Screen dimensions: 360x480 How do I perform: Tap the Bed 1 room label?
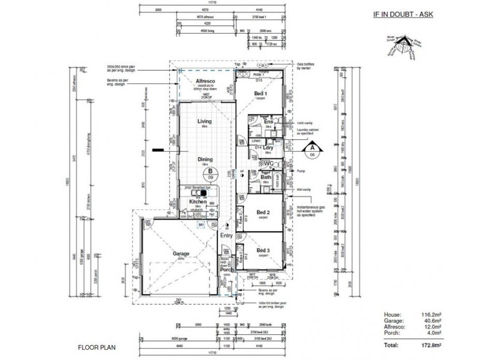(x=260, y=95)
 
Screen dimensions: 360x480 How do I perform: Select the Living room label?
(x=205, y=121)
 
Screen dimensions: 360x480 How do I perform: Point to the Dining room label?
(x=206, y=159)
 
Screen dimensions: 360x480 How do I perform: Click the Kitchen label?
(x=199, y=202)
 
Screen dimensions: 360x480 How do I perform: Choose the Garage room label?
(x=181, y=254)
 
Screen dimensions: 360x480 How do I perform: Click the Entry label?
(x=226, y=236)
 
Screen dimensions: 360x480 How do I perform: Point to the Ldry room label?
(x=268, y=148)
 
